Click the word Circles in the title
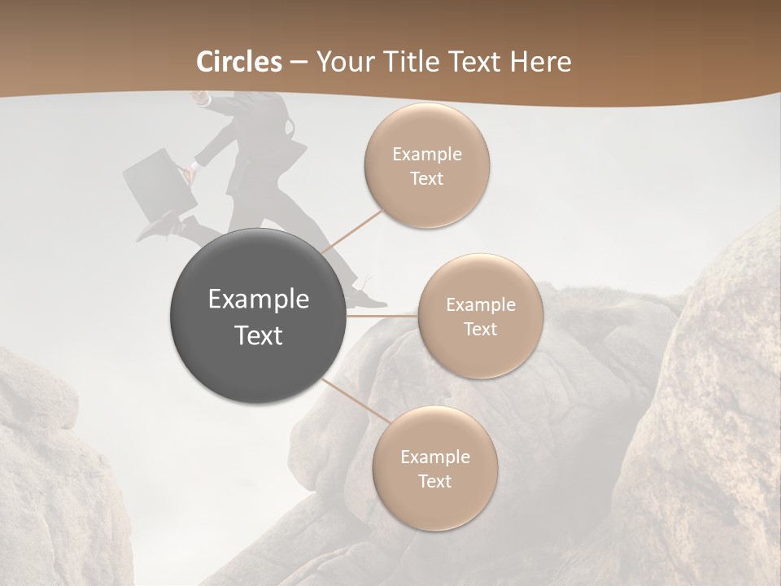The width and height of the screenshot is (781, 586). point(239,62)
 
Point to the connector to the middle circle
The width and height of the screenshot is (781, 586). point(382,315)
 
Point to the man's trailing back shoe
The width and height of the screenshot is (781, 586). point(155,228)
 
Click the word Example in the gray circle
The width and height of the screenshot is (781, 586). point(258,300)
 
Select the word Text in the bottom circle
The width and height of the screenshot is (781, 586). point(434,481)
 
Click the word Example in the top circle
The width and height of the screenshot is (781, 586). point(426,154)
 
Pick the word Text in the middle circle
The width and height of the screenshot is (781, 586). point(480,329)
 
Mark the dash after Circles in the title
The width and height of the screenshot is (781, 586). point(298,63)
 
